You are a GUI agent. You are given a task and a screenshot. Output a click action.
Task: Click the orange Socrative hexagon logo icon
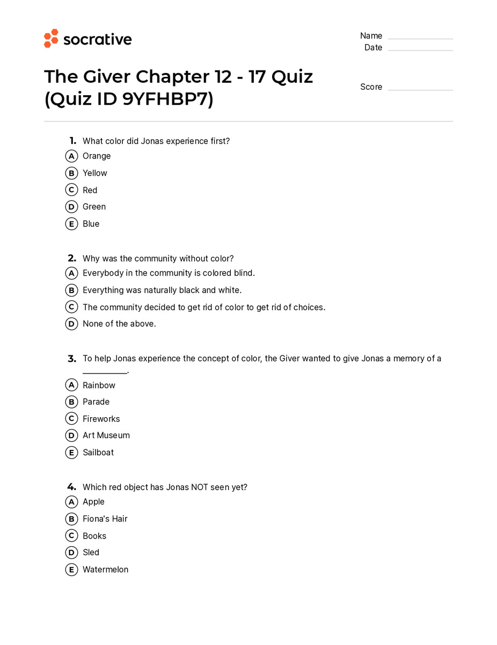pyautogui.click(x=51, y=39)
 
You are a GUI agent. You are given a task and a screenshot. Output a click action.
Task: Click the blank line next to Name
pyautogui.click(x=420, y=38)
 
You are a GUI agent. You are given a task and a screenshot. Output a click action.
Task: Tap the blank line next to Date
pyautogui.click(x=420, y=50)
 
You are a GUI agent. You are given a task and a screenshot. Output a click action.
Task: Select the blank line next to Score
pyautogui.click(x=420, y=89)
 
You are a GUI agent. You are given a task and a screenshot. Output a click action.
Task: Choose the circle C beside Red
pyautogui.click(x=71, y=190)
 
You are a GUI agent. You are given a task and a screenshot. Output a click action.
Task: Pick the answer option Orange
pyautogui.click(x=97, y=156)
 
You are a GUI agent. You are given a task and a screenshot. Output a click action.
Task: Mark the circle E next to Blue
pyautogui.click(x=71, y=224)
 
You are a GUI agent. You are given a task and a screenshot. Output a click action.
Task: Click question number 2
pyautogui.click(x=72, y=258)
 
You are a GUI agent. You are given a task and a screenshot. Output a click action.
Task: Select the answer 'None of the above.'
pyautogui.click(x=119, y=324)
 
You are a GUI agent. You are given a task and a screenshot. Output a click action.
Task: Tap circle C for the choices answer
pyautogui.click(x=71, y=307)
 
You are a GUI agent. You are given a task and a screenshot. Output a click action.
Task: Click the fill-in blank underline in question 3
pyautogui.click(x=105, y=372)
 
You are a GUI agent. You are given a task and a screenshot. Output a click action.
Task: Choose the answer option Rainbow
pyautogui.click(x=99, y=385)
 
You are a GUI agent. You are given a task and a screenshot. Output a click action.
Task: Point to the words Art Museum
pyautogui.click(x=106, y=435)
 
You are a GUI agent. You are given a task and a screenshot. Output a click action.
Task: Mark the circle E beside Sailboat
pyautogui.click(x=71, y=453)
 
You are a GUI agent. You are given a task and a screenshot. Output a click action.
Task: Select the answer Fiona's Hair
pyautogui.click(x=105, y=519)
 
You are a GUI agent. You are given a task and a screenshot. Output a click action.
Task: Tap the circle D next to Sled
pyautogui.click(x=71, y=553)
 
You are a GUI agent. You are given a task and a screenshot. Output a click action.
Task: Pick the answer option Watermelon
pyautogui.click(x=105, y=569)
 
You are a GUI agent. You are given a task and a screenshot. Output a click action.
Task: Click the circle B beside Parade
pyautogui.click(x=71, y=402)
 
